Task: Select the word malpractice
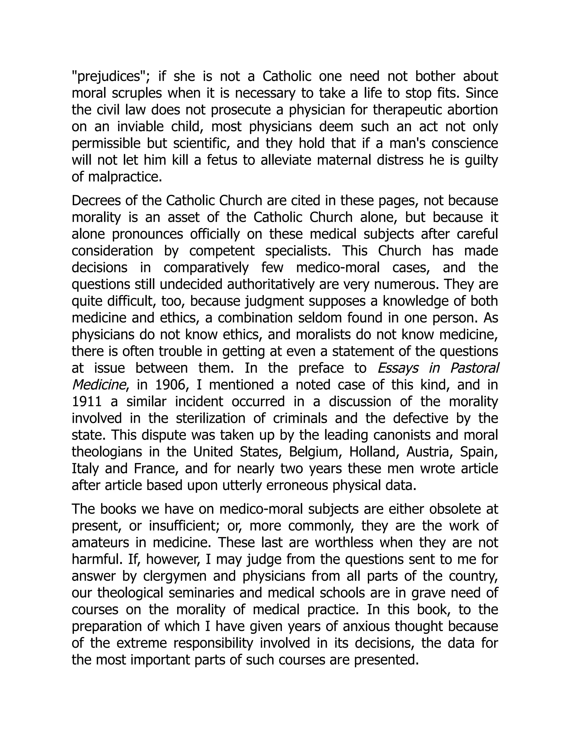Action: click(125, 177)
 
